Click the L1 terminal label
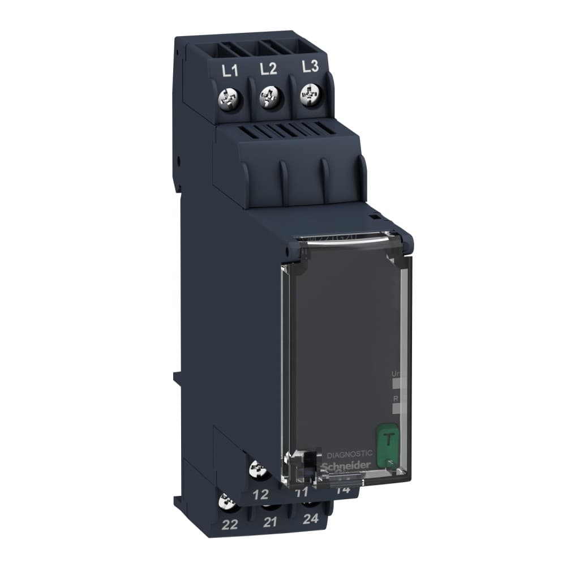229,71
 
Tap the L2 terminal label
268,69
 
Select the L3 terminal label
310,67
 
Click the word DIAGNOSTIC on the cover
350,453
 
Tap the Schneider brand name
346,465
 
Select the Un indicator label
396,374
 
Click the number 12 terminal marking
260,494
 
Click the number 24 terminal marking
310,519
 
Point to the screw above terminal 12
258,470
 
